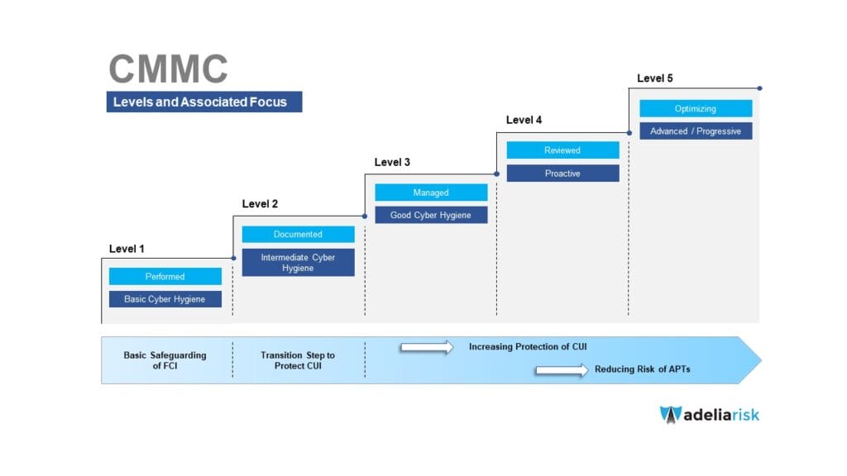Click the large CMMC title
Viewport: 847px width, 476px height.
(x=168, y=69)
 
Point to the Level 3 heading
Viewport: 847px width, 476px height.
(x=392, y=162)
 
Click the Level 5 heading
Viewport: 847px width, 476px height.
(x=654, y=79)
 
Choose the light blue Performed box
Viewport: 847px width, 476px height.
(x=165, y=277)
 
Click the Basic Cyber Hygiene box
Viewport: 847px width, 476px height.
(x=165, y=299)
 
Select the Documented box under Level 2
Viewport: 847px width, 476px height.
(x=298, y=235)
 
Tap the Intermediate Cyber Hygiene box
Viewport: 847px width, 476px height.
(x=298, y=263)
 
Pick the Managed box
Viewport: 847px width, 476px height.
(x=431, y=193)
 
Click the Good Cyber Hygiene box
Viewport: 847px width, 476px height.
(x=431, y=215)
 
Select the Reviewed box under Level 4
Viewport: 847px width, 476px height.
(x=562, y=150)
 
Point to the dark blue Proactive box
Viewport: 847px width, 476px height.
(x=562, y=174)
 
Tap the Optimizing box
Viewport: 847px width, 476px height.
(x=696, y=108)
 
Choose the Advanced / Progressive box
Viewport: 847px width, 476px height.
(x=696, y=131)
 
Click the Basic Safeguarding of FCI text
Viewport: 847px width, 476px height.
(x=165, y=360)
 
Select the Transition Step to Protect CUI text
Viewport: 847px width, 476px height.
(x=298, y=360)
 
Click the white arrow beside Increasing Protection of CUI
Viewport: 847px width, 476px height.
(x=427, y=347)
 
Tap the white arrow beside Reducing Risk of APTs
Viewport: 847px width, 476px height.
(x=561, y=369)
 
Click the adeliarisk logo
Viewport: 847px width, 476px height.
(x=709, y=414)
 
